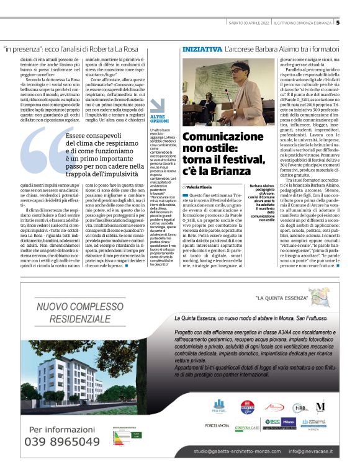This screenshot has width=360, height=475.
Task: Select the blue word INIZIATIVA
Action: coord(202,48)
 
